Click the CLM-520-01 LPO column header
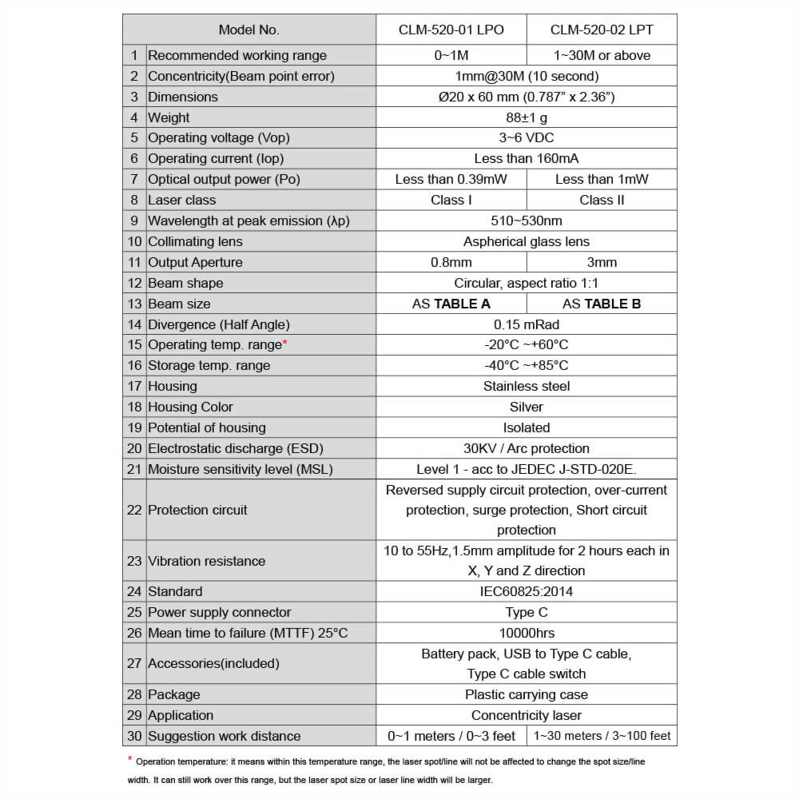point(451,30)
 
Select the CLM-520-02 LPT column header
point(602,30)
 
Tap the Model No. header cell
point(249,30)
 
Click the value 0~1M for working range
point(451,55)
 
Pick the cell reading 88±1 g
point(527,117)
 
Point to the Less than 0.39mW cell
point(451,179)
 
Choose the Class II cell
point(602,200)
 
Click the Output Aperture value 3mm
point(602,262)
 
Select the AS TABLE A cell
point(451,304)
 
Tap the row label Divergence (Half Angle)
point(219,324)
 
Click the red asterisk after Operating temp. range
point(285,343)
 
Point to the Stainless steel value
point(527,386)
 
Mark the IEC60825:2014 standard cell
point(527,591)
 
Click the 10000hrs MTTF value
point(527,633)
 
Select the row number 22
point(134,510)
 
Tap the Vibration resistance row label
point(207,561)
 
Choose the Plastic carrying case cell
point(527,694)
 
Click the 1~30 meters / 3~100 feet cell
point(602,736)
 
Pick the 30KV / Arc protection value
point(527,448)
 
